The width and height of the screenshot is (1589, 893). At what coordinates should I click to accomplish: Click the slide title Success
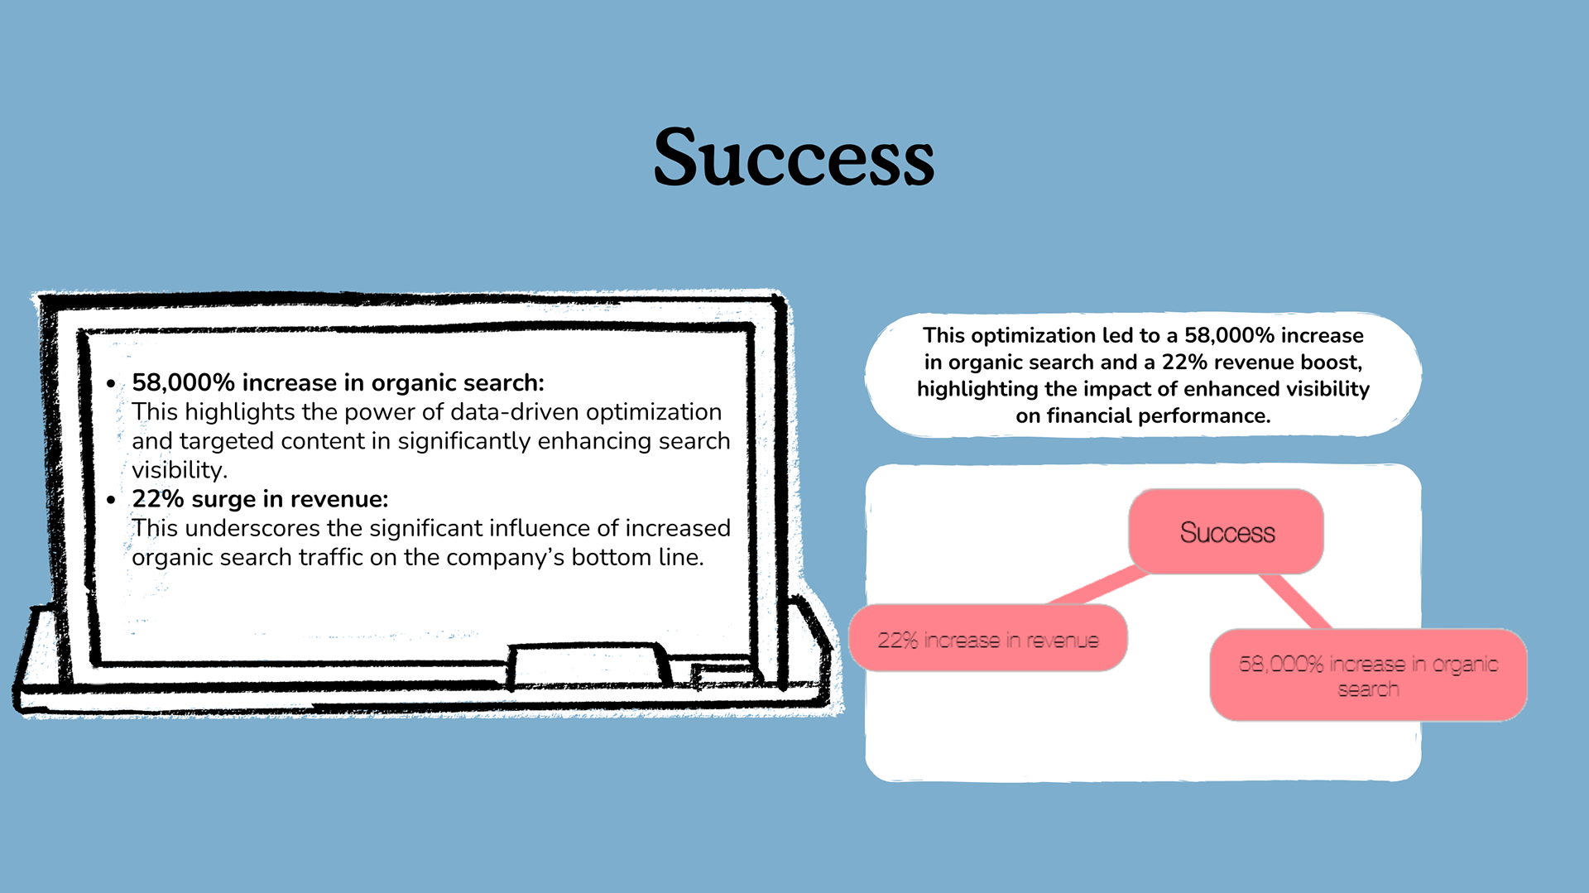[x=794, y=157]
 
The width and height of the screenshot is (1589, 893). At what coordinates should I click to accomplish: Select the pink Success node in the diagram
[x=1226, y=532]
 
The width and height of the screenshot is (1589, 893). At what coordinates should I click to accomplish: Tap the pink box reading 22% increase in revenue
[x=987, y=639]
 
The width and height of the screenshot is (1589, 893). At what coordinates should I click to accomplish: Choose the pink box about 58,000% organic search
[x=1367, y=675]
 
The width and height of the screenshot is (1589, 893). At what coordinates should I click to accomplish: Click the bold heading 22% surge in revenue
[x=260, y=499]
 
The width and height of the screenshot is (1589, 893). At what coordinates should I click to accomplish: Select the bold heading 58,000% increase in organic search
[x=338, y=382]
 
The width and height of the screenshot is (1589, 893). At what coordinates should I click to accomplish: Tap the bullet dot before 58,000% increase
[x=111, y=383]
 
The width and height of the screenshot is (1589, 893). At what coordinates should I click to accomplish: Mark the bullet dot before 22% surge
[x=111, y=499]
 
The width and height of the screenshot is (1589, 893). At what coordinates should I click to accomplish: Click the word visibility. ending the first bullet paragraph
[x=179, y=470]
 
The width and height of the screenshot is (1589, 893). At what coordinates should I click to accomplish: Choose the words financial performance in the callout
[x=1158, y=415]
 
